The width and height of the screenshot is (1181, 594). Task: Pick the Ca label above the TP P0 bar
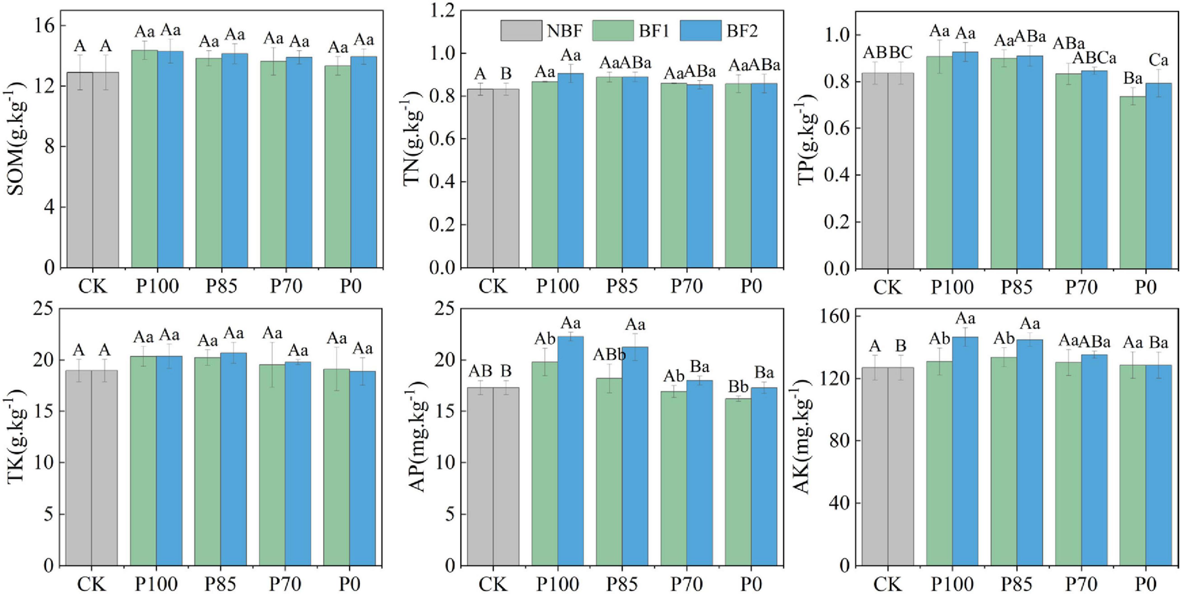[x=1158, y=60]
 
